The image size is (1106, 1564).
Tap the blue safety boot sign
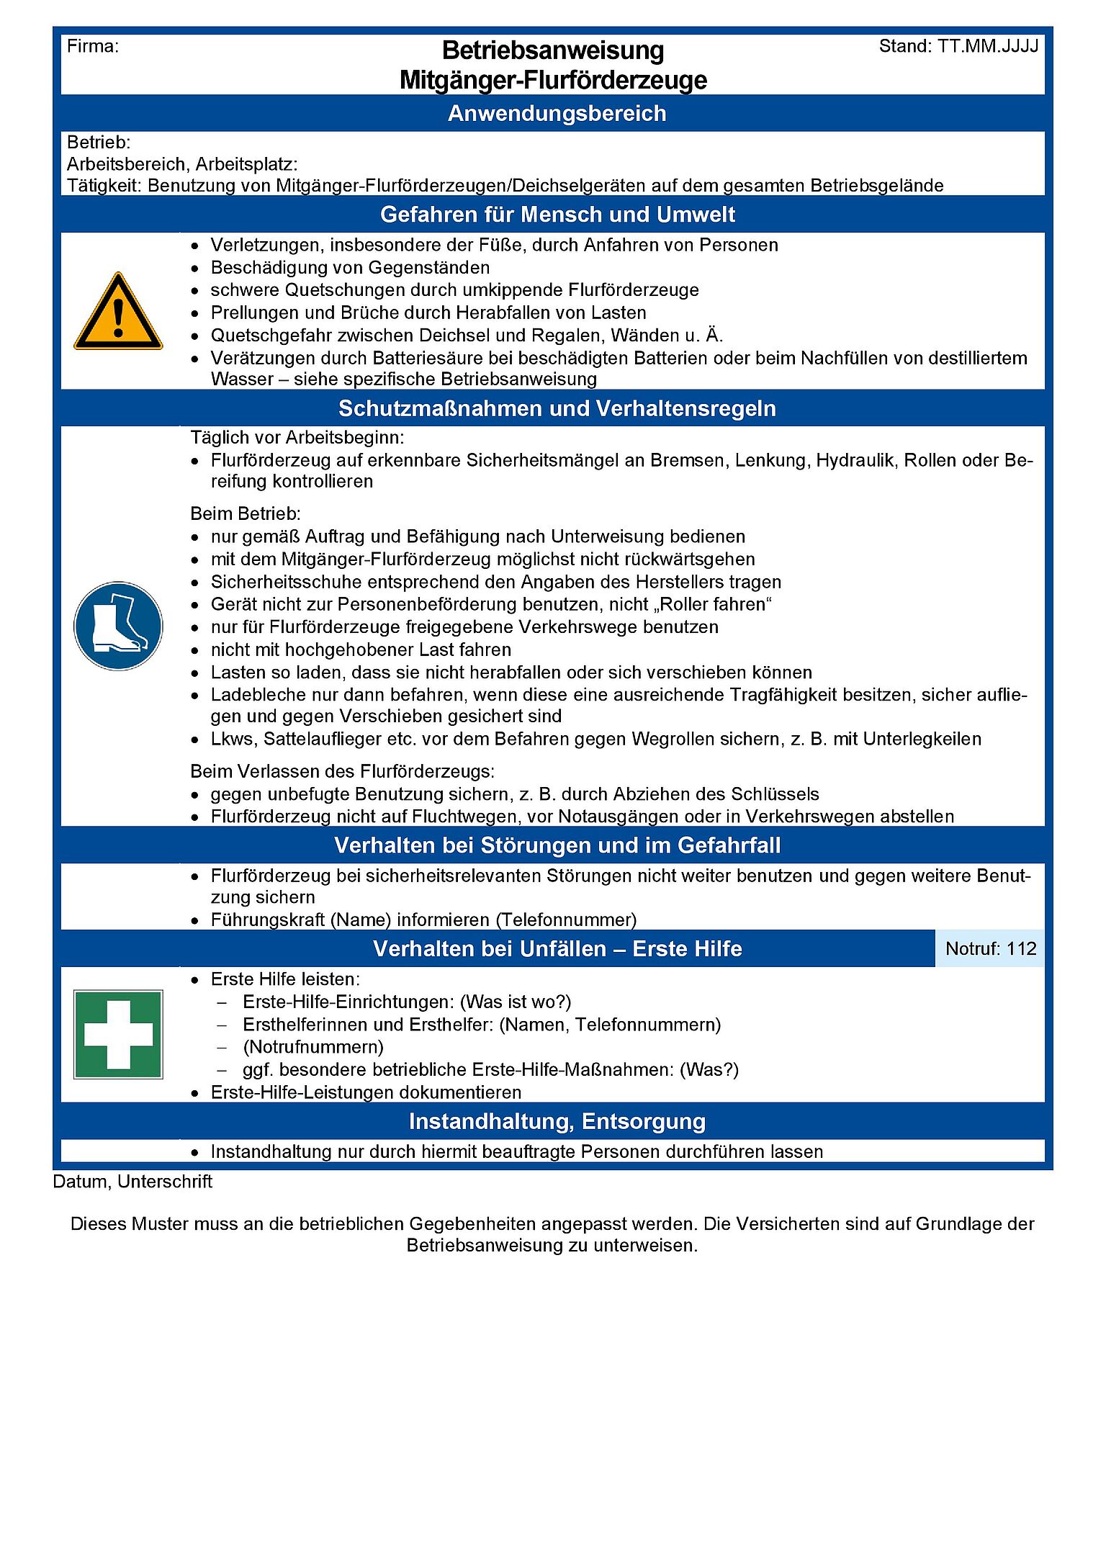[x=118, y=626]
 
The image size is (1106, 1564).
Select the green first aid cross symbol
[x=118, y=1034]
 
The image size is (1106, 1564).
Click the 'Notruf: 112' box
[x=990, y=948]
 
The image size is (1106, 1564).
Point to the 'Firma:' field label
[x=93, y=47]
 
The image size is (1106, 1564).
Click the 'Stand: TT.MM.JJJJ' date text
[x=958, y=47]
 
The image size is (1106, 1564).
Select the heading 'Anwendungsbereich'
[x=557, y=113]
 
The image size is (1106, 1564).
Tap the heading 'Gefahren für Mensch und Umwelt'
[x=557, y=215]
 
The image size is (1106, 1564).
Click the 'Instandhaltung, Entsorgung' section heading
[x=557, y=1121]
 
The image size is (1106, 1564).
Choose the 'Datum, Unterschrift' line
[x=132, y=1182]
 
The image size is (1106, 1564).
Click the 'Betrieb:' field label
[x=99, y=143]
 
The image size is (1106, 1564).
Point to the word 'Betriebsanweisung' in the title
[x=553, y=50]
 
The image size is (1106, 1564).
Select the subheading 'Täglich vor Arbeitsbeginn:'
[x=297, y=437]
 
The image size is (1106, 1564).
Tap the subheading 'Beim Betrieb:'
[x=245, y=513]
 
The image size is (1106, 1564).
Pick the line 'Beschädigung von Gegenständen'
[x=350, y=268]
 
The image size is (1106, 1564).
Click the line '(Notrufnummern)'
[x=313, y=1046]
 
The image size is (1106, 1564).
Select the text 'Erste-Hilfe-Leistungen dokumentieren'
[x=366, y=1092]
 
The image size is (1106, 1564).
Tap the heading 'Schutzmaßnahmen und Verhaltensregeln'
[x=557, y=408]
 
